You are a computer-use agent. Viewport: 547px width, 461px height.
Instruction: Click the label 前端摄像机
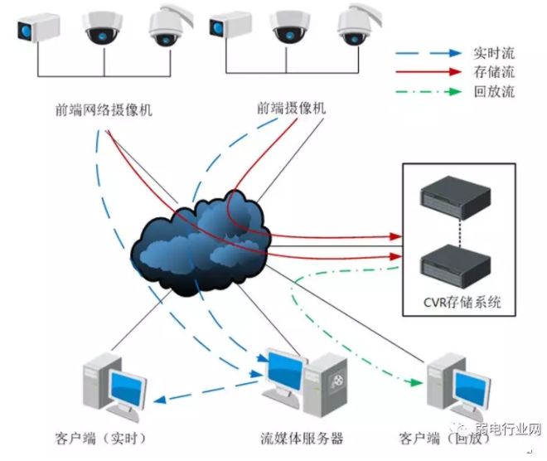point(292,108)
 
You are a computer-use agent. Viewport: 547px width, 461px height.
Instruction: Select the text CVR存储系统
point(457,303)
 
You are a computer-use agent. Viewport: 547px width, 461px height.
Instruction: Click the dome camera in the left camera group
point(104,27)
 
